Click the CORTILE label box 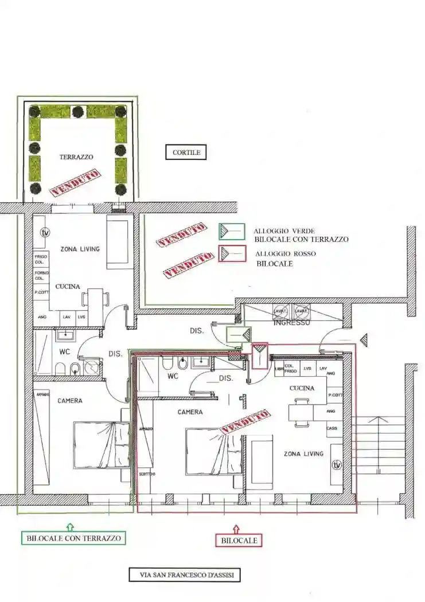pos(186,153)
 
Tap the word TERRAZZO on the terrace pos(76,157)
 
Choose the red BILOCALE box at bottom pos(239,540)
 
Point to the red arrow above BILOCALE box pos(237,527)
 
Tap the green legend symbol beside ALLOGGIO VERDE pos(231,231)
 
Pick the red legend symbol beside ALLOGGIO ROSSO pos(231,255)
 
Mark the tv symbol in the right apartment pos(337,464)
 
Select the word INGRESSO pos(292,323)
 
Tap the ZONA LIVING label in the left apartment pos(80,249)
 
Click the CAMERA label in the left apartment pos(69,401)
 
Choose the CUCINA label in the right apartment pos(302,388)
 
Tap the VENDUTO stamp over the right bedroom pos(245,421)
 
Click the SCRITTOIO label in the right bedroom pos(146,474)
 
